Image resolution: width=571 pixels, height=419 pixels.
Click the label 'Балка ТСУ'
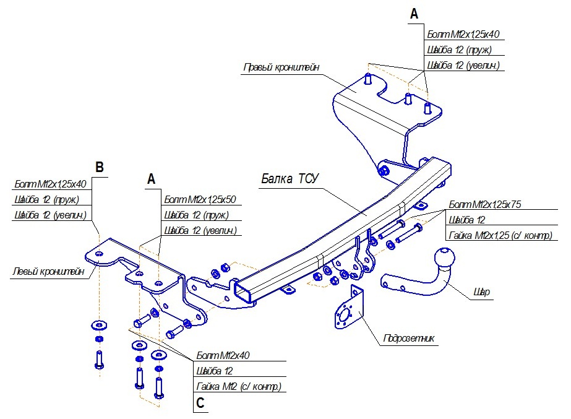(x=290, y=179)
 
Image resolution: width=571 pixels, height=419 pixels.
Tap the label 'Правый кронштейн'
(x=281, y=67)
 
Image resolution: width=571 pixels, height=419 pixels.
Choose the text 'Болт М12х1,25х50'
(x=200, y=200)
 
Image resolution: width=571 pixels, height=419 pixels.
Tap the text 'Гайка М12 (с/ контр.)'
(x=238, y=387)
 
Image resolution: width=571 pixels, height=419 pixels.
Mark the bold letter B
(x=100, y=167)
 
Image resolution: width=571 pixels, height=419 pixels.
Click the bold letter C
(x=200, y=404)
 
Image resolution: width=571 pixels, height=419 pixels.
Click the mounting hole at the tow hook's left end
(x=387, y=285)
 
